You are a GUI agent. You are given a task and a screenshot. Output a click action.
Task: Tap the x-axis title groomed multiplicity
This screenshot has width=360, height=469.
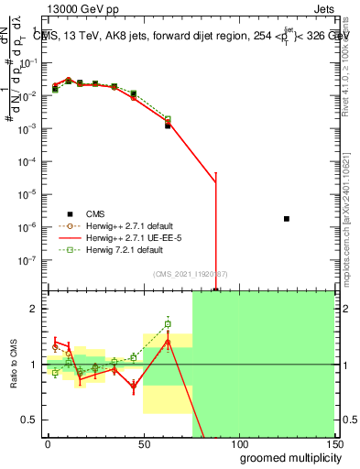point(288,457)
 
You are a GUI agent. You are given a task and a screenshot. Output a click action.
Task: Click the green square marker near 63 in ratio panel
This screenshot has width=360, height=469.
point(168,323)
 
